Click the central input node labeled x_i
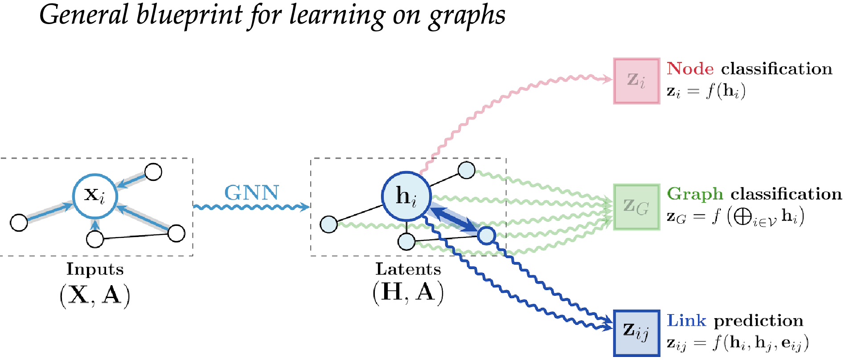(95, 196)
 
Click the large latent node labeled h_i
(406, 196)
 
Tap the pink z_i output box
(636, 81)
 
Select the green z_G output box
(636, 207)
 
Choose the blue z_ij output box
(636, 332)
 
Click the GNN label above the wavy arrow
(252, 193)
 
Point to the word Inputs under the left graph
(95, 269)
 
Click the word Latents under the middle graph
(408, 269)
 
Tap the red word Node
(690, 69)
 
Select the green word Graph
(695, 194)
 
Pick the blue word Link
(686, 320)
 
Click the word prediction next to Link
(759, 320)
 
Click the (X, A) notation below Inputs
(95, 295)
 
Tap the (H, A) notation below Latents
(408, 293)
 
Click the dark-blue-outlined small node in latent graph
(486, 235)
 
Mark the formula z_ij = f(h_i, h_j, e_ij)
(738, 342)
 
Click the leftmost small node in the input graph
(19, 222)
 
